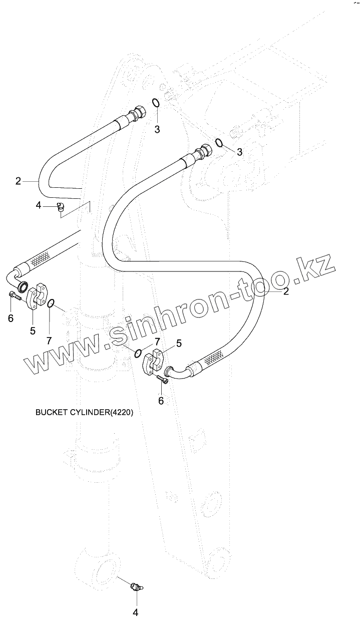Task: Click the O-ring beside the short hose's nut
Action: tap(156, 103)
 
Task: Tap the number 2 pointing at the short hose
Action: tap(19, 181)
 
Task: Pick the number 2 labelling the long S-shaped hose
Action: tap(286, 291)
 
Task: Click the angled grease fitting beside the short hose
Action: tap(61, 206)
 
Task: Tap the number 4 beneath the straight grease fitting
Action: tap(135, 612)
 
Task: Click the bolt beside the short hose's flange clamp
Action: tap(14, 297)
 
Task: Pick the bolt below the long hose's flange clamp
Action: tap(162, 380)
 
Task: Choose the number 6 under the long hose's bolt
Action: tap(161, 400)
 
